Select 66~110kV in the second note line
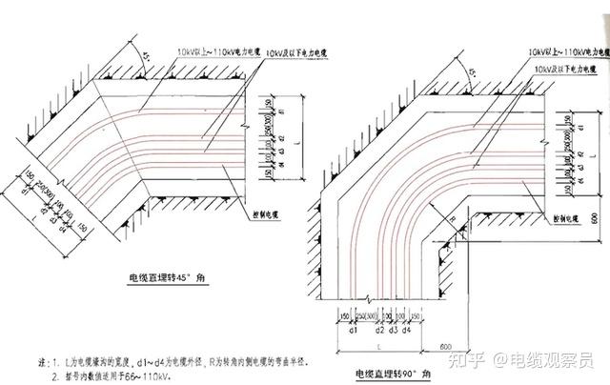click(161, 376)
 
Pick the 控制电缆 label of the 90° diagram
click(569, 218)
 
